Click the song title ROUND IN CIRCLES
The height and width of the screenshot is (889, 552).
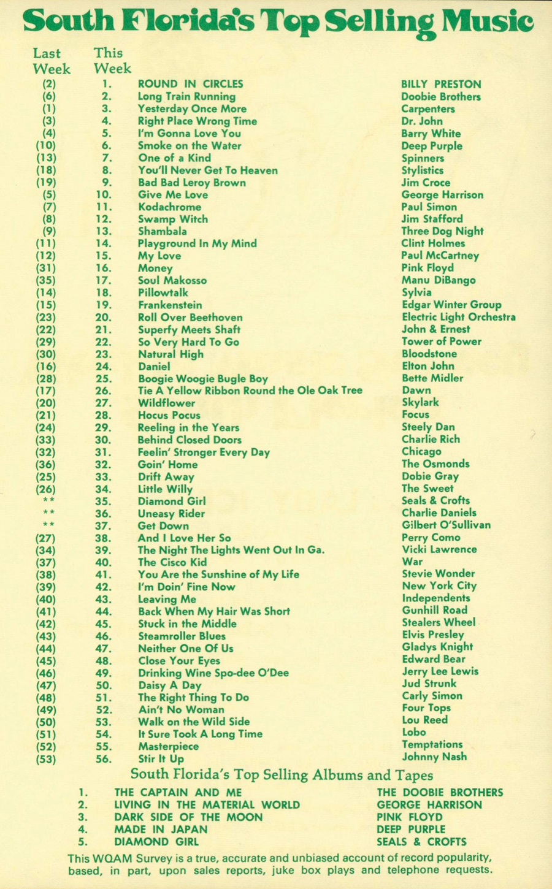point(190,84)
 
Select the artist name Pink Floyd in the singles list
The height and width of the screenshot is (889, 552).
point(427,268)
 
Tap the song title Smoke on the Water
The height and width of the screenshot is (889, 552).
point(189,146)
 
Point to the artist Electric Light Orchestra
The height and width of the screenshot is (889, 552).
point(458,317)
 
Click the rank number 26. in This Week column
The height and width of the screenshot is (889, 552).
point(104,391)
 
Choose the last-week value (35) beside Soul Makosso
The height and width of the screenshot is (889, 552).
point(46,280)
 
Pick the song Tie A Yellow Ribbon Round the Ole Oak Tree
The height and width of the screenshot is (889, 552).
point(250,391)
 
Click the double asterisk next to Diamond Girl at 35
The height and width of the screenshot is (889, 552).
point(48,501)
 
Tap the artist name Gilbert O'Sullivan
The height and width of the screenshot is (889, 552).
point(446,525)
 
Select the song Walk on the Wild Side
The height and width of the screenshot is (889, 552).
point(193,722)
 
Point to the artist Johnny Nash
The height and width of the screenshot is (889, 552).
point(434,757)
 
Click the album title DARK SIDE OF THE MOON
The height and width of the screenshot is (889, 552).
point(188,817)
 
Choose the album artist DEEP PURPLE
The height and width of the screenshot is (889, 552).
point(411,830)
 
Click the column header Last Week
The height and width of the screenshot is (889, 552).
point(51,61)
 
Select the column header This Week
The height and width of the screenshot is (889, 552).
point(112,61)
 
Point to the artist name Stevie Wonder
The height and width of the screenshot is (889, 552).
point(438,574)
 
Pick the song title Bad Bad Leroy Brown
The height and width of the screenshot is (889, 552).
point(191,183)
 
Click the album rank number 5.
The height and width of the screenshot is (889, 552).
point(83,842)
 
